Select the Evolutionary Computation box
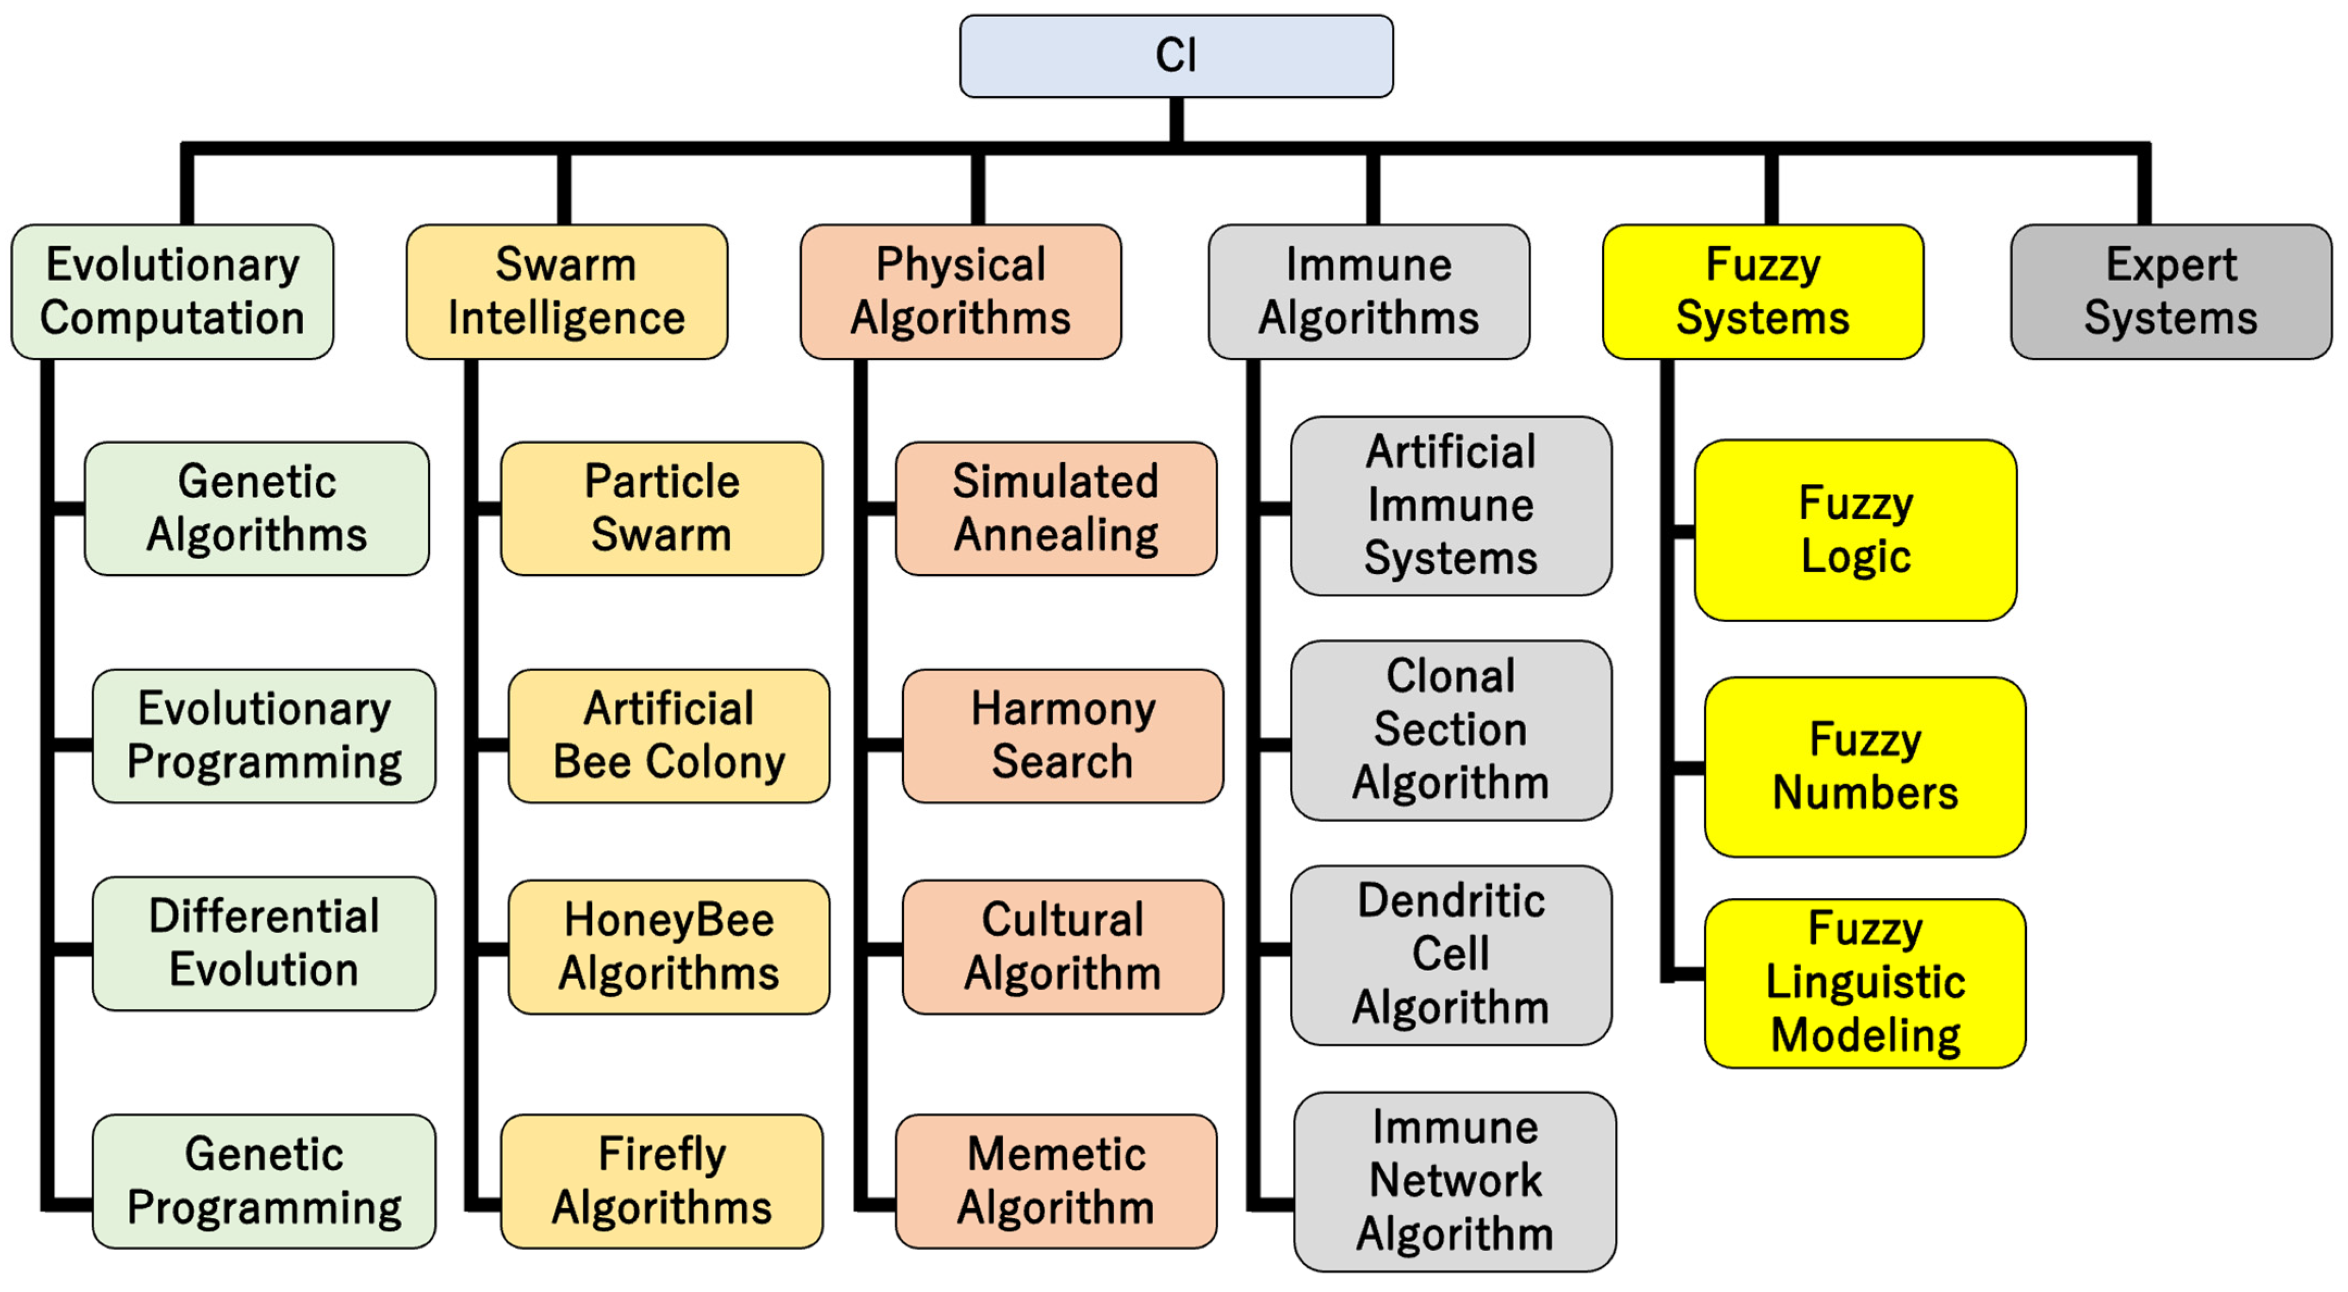[172, 292]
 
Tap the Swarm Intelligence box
[566, 292]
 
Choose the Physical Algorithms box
[961, 292]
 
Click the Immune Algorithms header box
[1368, 292]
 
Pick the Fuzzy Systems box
[1763, 292]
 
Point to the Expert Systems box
[2170, 292]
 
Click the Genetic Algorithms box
[257, 509]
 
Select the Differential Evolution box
[264, 943]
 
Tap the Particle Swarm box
[662, 509]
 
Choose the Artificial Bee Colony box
[669, 736]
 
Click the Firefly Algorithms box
[662, 1181]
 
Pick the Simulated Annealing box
[1056, 509]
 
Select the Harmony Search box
[1063, 736]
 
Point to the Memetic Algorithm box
[1056, 1181]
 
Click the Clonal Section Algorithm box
[1450, 729]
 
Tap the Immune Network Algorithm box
[1455, 1181]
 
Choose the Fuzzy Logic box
[1855, 530]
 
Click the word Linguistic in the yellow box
[1865, 982]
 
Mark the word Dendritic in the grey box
[1451, 901]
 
